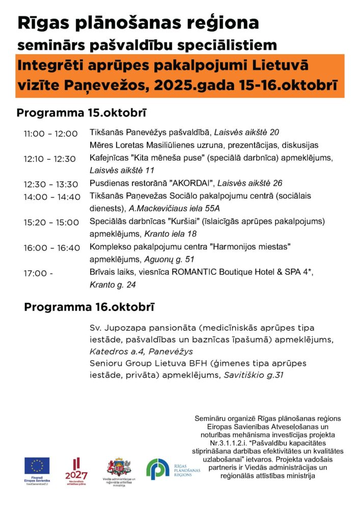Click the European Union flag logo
coord(37,466)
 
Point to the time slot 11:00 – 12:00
coord(50,134)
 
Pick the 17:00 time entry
coord(38,273)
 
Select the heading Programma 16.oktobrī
coord(90,307)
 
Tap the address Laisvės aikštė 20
coord(246,133)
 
